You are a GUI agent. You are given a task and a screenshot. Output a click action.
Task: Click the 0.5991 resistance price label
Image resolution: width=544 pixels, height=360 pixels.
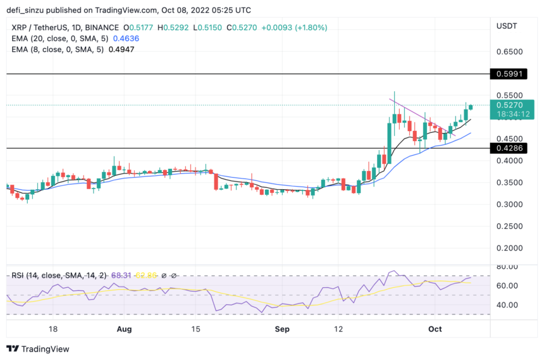[513, 74]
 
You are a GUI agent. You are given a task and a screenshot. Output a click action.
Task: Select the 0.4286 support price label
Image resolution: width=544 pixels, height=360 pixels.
[513, 148]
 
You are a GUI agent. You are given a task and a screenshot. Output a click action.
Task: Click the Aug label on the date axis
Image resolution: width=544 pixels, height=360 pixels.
[125, 330]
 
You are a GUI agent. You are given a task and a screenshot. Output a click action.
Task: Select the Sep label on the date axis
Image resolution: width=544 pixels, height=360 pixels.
[282, 330]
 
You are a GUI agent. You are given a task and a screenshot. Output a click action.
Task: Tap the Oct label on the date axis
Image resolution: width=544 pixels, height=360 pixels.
[435, 330]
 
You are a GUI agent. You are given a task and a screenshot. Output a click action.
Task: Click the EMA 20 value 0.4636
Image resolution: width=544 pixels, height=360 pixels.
[126, 39]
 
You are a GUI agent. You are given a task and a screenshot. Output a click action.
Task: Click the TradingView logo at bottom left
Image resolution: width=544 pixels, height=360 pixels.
[38, 349]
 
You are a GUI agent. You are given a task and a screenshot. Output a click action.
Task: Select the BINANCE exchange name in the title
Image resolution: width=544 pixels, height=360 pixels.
[100, 27]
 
